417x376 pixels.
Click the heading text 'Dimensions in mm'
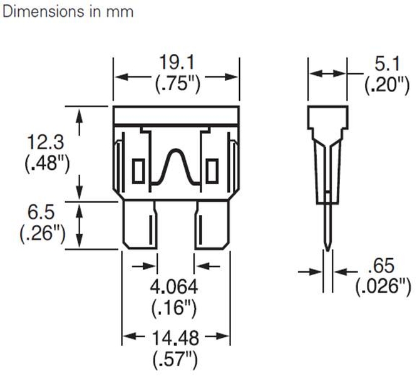68,12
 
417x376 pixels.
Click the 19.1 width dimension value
176,63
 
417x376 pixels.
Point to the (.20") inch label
382,85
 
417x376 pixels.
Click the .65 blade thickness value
383,263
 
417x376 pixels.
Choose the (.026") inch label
383,286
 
